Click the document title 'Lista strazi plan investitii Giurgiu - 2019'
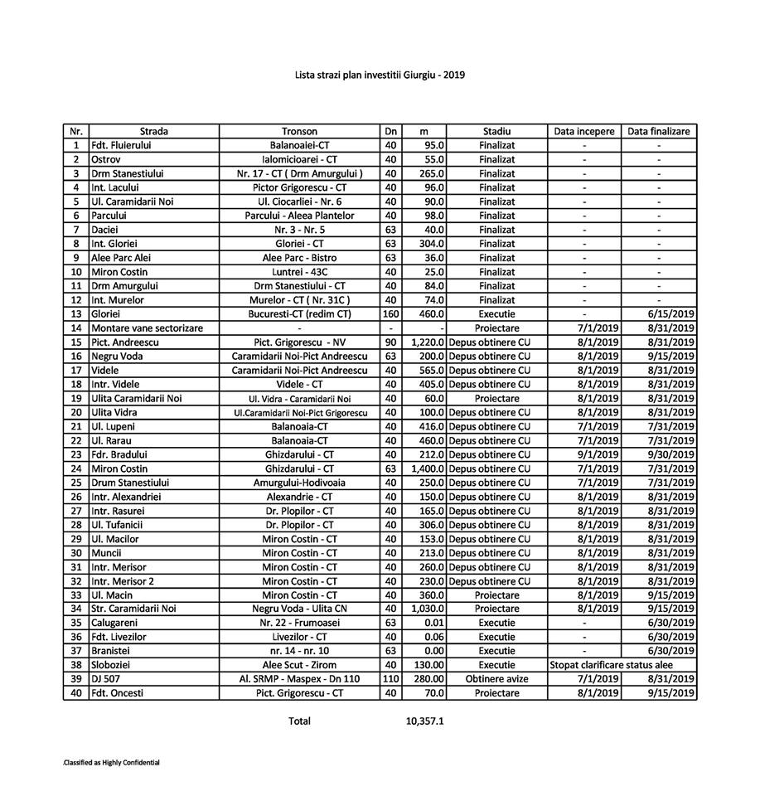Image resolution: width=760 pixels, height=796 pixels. point(380,75)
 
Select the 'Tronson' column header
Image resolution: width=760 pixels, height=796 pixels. point(299,131)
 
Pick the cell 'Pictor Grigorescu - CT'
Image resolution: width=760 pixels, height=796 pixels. point(299,187)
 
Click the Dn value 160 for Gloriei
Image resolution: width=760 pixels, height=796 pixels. point(390,314)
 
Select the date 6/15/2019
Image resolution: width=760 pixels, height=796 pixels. point(672,314)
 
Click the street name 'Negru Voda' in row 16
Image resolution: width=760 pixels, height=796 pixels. point(117,357)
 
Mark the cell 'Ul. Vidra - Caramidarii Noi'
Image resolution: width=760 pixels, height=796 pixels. point(299,399)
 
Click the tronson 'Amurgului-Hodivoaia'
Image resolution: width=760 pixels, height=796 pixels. point(299,483)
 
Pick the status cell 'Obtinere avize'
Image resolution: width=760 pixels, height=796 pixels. point(496,679)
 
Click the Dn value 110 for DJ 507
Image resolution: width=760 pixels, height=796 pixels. point(390,679)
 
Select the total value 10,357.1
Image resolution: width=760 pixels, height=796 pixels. point(425,721)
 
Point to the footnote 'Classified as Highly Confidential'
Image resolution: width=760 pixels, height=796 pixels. point(111,762)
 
